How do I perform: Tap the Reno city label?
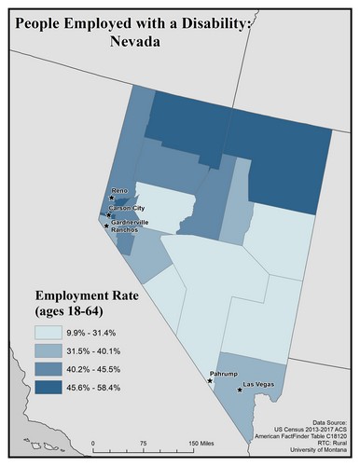(x=118, y=191)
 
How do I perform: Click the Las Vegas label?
(x=258, y=384)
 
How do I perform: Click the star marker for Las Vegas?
(x=241, y=391)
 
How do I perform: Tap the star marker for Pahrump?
(x=210, y=381)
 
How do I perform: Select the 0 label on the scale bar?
(x=93, y=444)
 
